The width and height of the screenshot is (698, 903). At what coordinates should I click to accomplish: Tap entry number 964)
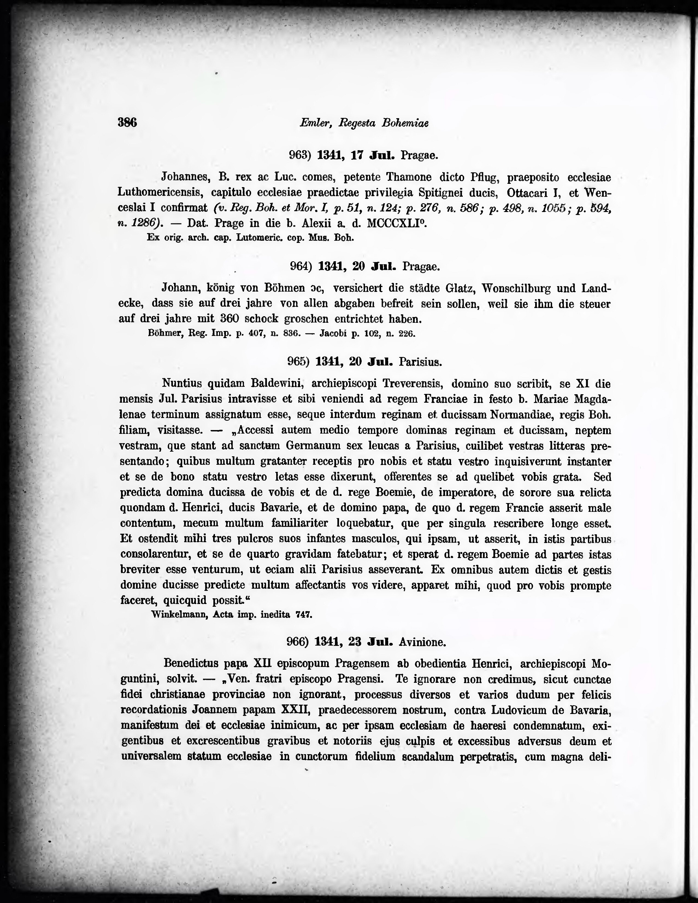pyautogui.click(x=301, y=266)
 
